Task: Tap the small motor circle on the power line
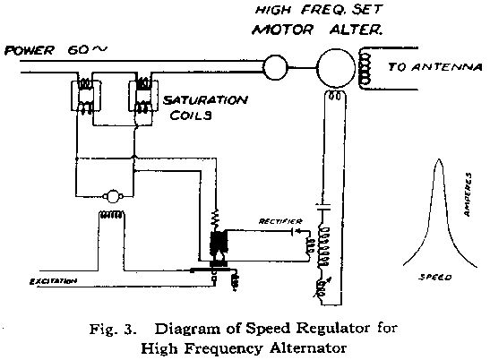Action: click(x=275, y=65)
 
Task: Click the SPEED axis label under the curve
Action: click(x=434, y=278)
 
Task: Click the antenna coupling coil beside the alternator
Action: click(x=365, y=65)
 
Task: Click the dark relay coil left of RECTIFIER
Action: click(x=216, y=243)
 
